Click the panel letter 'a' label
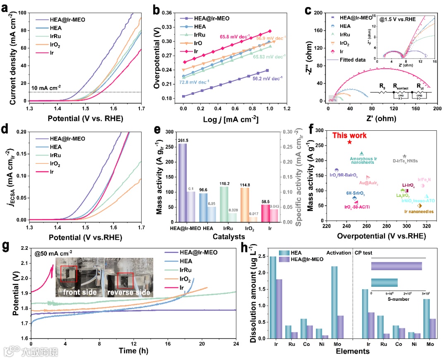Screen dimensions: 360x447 coord(6,7)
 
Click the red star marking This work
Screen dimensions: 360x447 coord(349,142)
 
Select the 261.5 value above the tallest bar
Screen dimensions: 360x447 coord(183,140)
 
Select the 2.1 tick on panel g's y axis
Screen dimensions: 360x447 coord(23,263)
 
